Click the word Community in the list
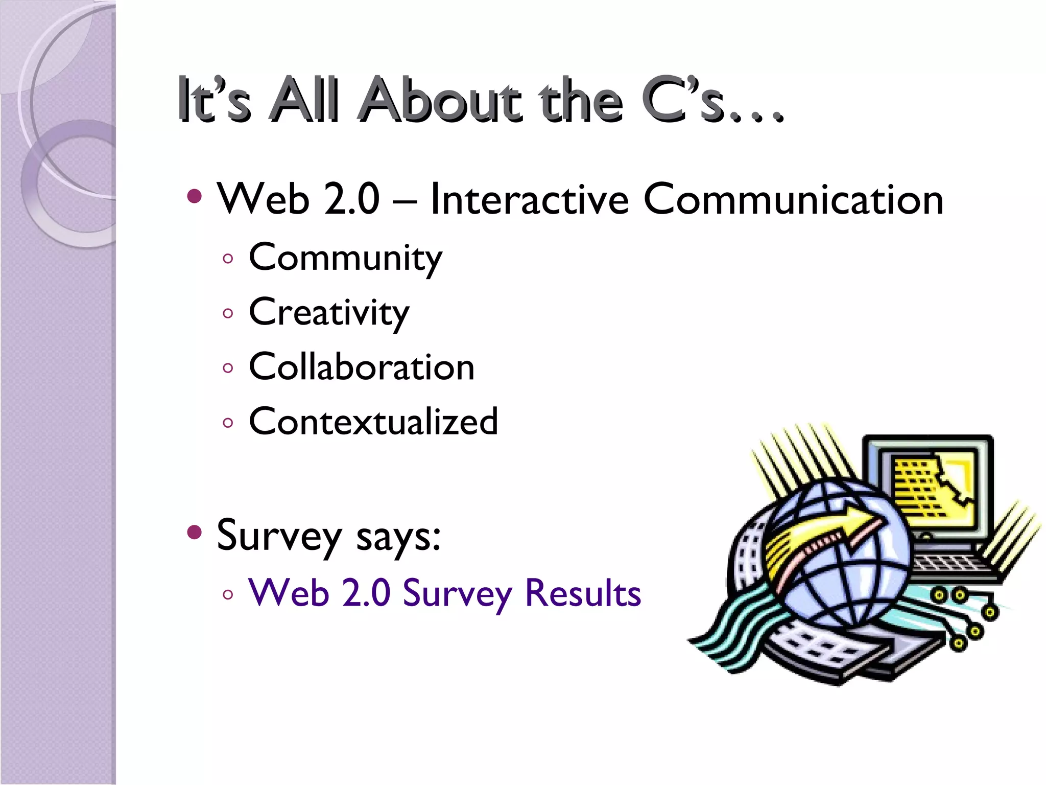pyautogui.click(x=345, y=258)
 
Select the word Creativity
pyautogui.click(x=329, y=313)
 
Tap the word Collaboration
pyautogui.click(x=362, y=367)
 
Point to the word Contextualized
pyautogui.click(x=373, y=422)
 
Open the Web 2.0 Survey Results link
pyautogui.click(x=444, y=593)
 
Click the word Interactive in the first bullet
pyautogui.click(x=529, y=199)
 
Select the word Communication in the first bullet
pyautogui.click(x=793, y=199)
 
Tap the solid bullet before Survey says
pyautogui.click(x=195, y=533)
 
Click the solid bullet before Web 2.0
pyautogui.click(x=195, y=196)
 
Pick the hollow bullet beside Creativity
pyautogui.click(x=228, y=313)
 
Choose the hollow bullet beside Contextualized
pyautogui.click(x=228, y=423)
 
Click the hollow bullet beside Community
pyautogui.click(x=228, y=259)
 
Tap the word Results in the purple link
pyautogui.click(x=583, y=593)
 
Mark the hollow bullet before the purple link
pyautogui.click(x=228, y=594)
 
